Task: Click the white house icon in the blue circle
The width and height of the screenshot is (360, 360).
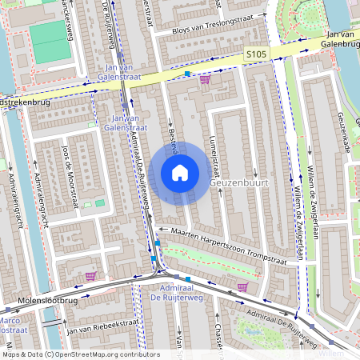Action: (180, 172)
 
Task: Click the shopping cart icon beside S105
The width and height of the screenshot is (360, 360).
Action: (205, 79)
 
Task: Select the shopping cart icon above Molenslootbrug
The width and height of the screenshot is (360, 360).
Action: (90, 276)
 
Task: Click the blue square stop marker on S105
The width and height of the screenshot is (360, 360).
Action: (187, 74)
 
